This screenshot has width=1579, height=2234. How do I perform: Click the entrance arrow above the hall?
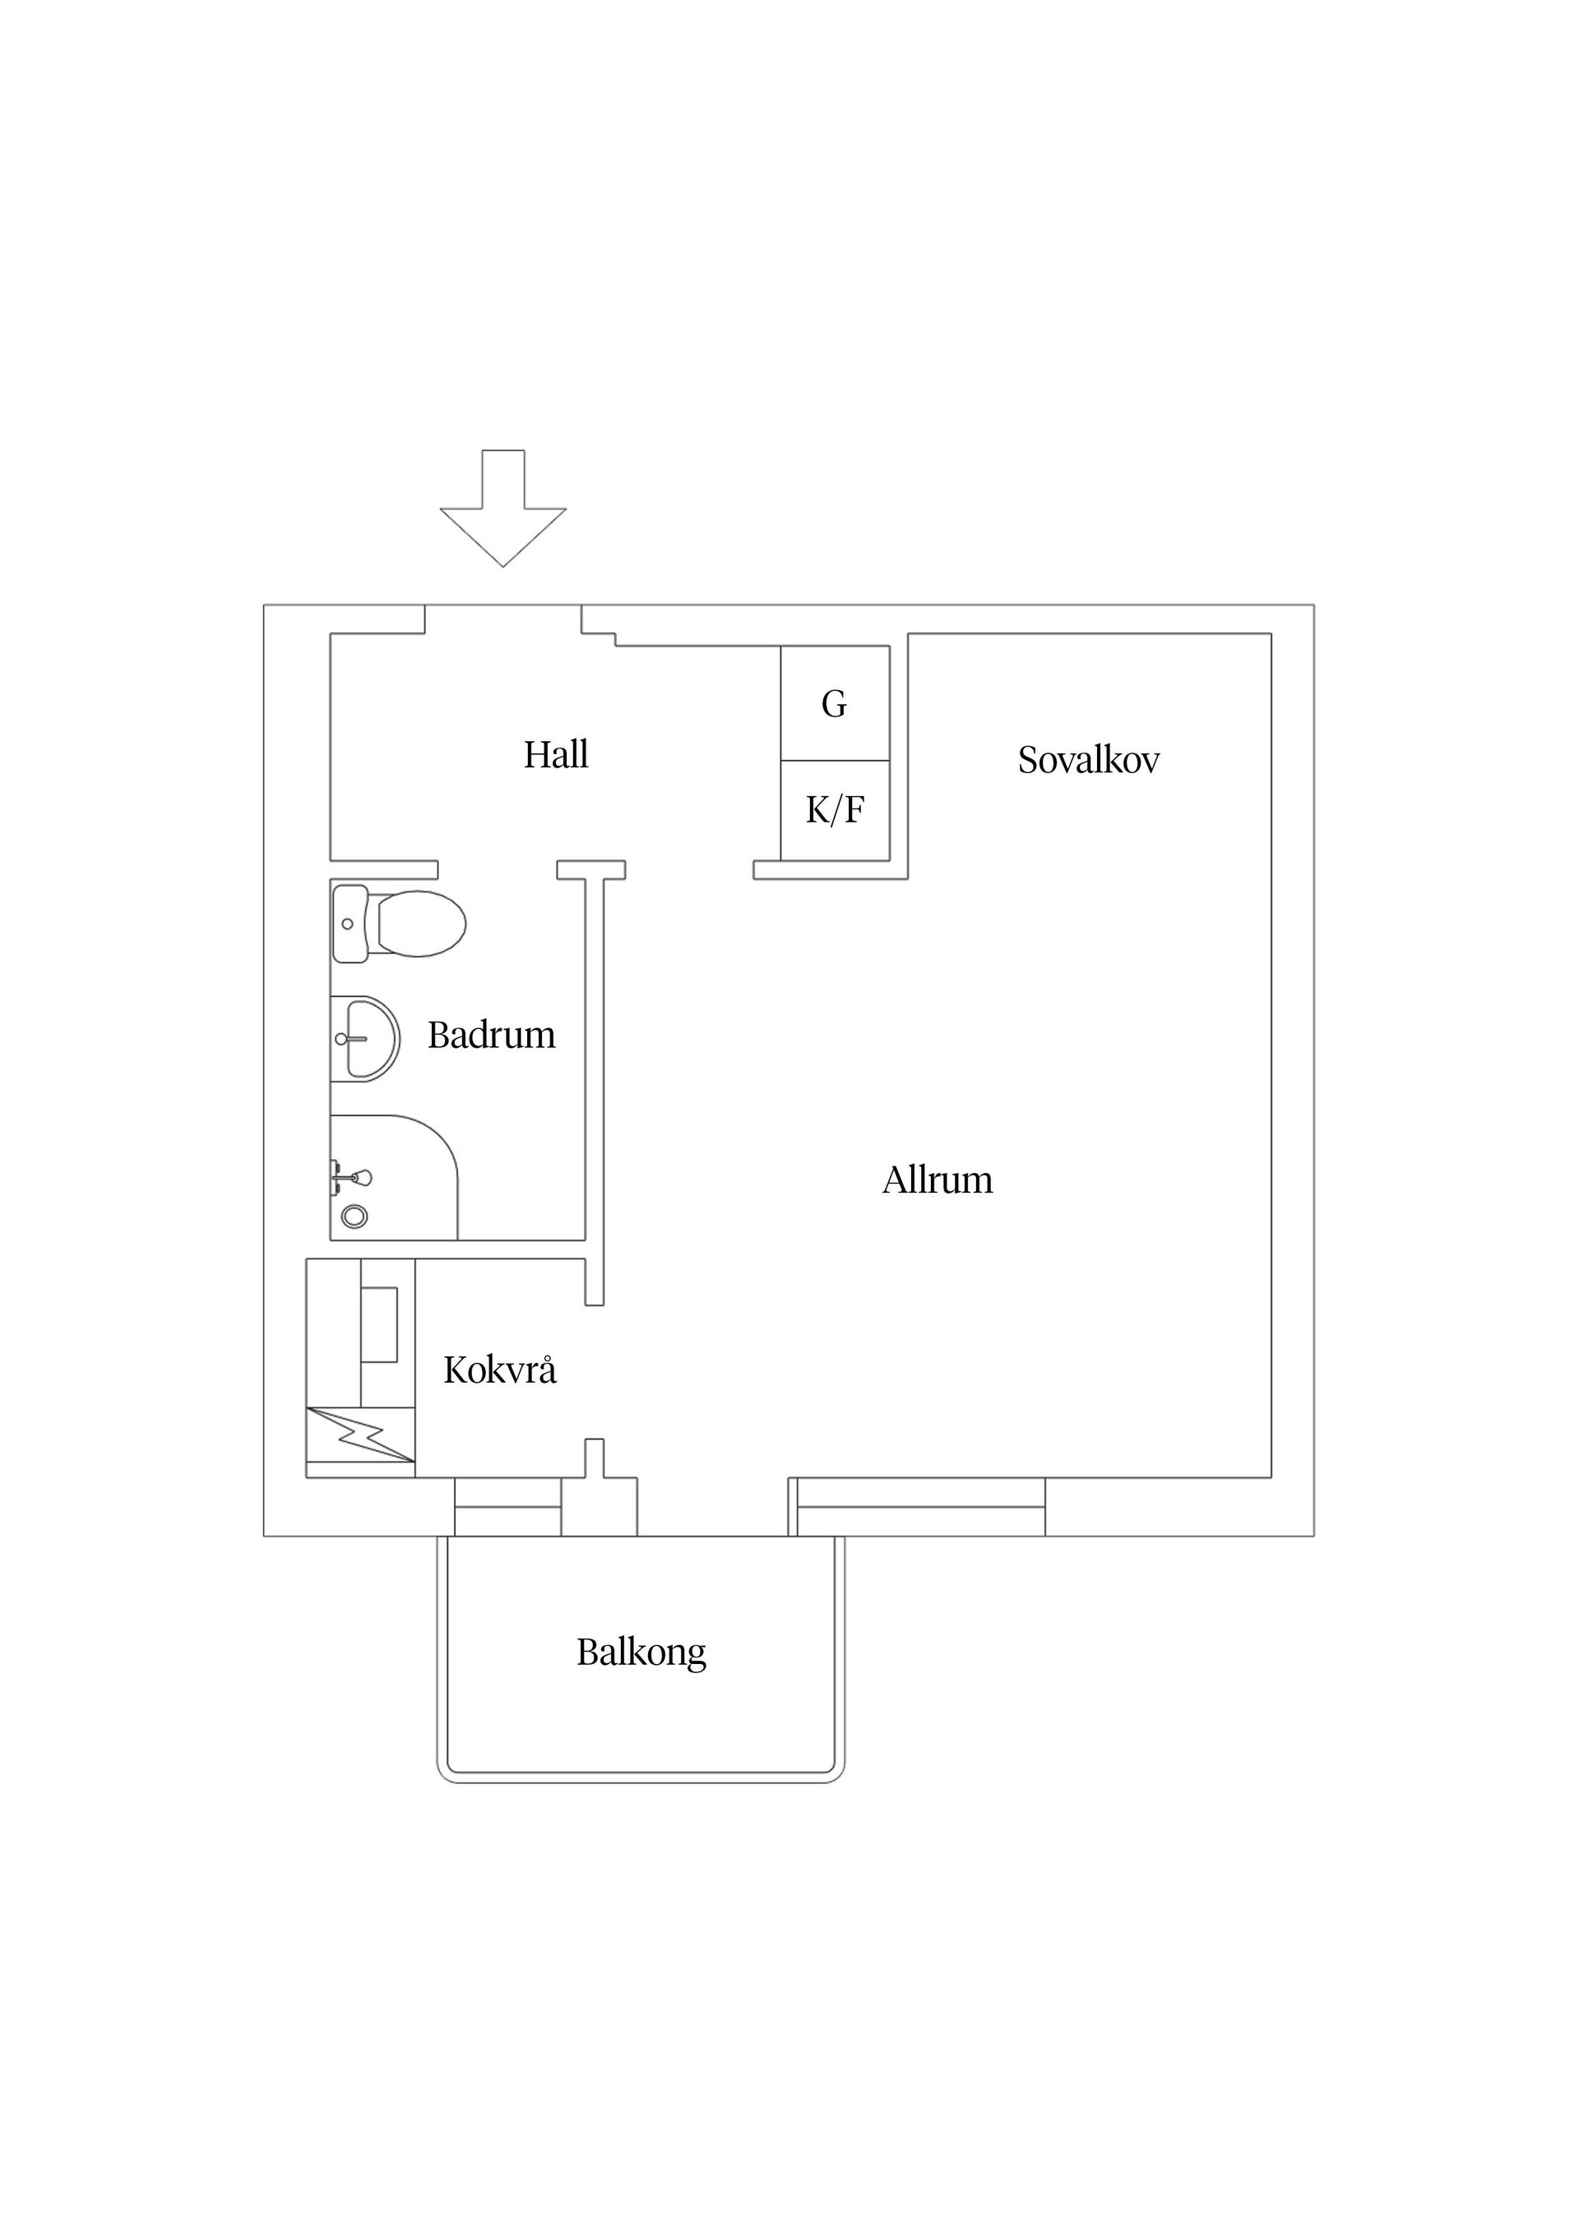(x=503, y=508)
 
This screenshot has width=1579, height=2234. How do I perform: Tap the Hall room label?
(x=555, y=754)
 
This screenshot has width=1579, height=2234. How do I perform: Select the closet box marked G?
(x=835, y=702)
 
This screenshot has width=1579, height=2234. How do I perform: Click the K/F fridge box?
(x=835, y=810)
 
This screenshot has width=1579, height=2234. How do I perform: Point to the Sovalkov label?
(x=1089, y=760)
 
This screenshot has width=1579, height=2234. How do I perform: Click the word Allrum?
(x=937, y=1180)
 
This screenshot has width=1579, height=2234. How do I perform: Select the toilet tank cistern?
(x=350, y=924)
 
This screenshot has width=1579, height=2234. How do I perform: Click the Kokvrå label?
(x=500, y=1370)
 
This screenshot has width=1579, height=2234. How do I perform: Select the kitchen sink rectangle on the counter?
(x=379, y=1324)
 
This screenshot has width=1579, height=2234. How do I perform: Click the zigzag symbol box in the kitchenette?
(x=361, y=1434)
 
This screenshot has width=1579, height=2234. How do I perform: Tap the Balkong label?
(x=641, y=1652)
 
